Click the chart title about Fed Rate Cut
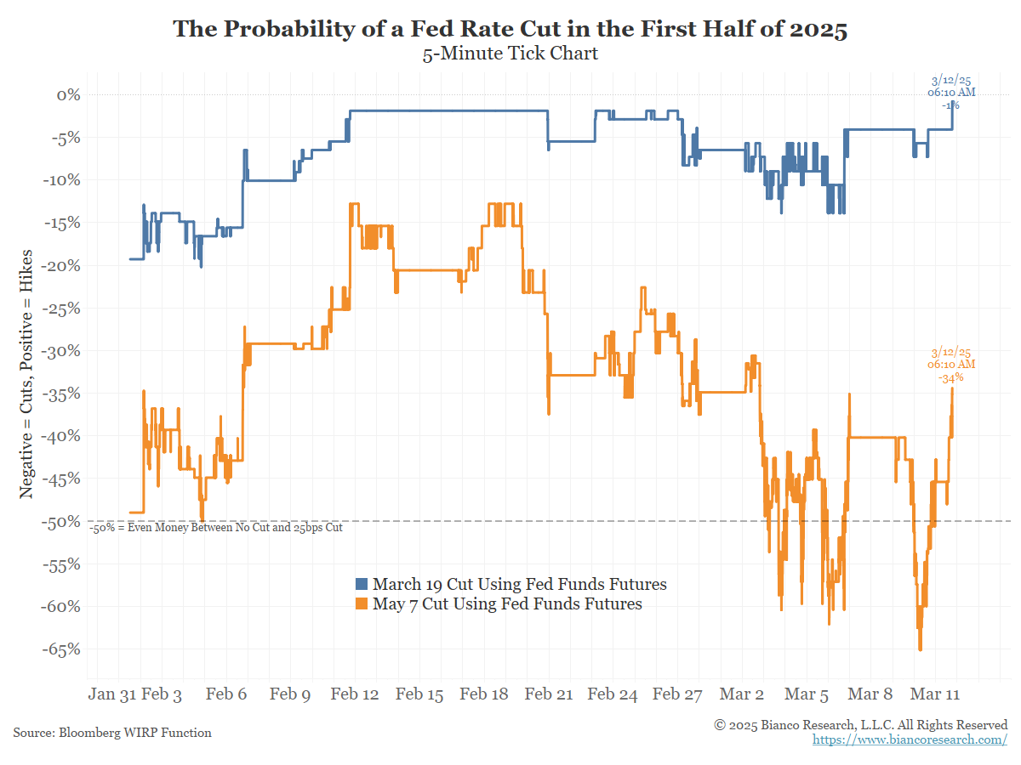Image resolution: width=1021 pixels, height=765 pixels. click(510, 30)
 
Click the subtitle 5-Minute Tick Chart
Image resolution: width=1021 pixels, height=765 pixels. click(510, 54)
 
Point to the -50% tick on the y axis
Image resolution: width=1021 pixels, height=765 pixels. click(62, 521)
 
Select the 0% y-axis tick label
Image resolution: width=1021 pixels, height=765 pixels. click(68, 94)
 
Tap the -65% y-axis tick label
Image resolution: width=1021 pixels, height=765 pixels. click(62, 649)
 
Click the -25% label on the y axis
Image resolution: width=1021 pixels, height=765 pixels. click(62, 308)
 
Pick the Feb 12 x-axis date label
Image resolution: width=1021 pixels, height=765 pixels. click(355, 694)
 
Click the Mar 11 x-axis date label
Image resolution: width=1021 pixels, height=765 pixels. click(936, 694)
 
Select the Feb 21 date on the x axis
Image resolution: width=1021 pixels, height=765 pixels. click(549, 694)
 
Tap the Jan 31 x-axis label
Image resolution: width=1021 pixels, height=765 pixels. click(111, 694)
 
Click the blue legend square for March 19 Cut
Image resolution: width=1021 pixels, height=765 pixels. click(361, 584)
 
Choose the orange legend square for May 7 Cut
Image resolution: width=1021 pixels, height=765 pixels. click(361, 604)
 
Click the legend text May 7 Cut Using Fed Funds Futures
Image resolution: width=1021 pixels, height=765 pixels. click(507, 604)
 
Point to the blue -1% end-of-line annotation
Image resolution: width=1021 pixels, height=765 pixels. click(951, 105)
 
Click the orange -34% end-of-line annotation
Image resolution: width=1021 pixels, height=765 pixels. click(951, 378)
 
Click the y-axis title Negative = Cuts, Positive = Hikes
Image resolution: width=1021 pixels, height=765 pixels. click(27, 374)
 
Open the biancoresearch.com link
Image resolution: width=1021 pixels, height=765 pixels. click(910, 739)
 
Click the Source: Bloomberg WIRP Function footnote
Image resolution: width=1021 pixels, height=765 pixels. click(112, 732)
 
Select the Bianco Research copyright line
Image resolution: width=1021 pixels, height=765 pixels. click(860, 724)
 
